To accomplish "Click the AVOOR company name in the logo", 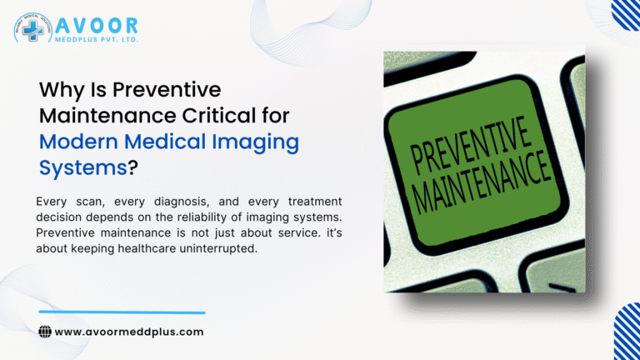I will point(96,25).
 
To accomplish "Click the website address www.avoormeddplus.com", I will point(129,332).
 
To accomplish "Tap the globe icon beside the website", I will point(45,332).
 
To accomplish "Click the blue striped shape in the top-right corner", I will point(627,13).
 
